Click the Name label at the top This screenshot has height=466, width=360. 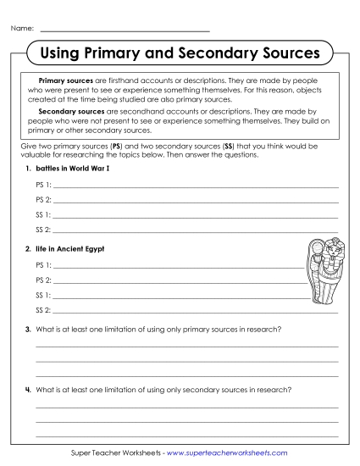coord(23,29)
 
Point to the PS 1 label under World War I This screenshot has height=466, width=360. coord(43,184)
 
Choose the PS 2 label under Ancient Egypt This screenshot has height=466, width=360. coord(43,279)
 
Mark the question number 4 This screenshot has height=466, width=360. coord(28,390)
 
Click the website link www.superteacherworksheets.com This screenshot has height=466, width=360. coord(227,453)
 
